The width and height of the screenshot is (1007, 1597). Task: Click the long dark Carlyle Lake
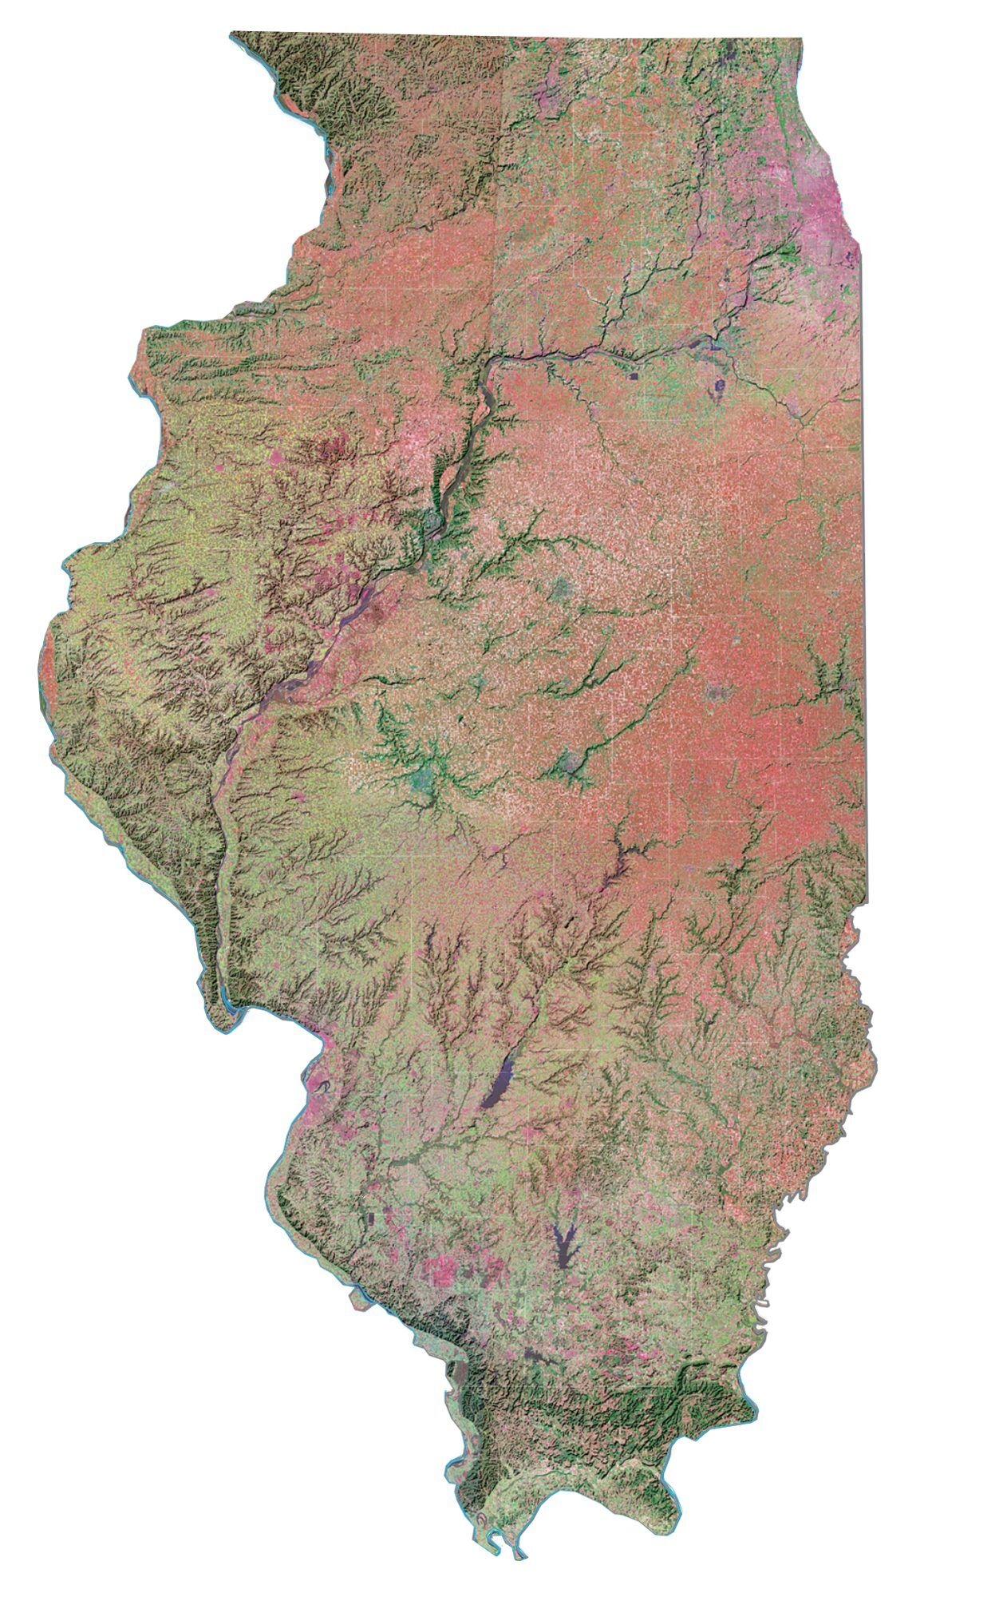(x=501, y=1082)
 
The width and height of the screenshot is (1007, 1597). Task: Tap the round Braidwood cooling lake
(x=720, y=388)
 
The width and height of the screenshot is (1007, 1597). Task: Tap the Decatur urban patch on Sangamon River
(x=572, y=763)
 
